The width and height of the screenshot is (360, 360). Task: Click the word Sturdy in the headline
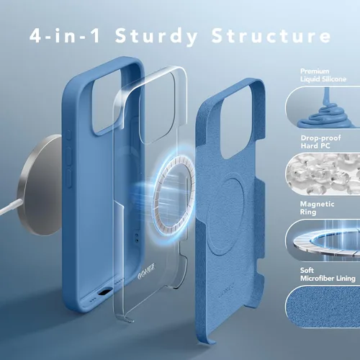tap(156, 37)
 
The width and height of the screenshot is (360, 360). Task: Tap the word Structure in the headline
tap(271, 35)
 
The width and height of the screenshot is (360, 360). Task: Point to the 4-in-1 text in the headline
tap(65, 35)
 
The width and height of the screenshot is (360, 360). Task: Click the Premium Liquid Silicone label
tap(323, 75)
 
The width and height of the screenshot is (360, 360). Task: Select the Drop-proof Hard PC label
tap(320, 142)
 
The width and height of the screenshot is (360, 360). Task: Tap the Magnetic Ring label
tap(317, 208)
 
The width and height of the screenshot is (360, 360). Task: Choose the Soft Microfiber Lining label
tap(328, 274)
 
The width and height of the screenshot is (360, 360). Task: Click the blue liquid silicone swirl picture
tap(323, 107)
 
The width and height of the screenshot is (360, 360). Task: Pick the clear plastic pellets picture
tap(323, 174)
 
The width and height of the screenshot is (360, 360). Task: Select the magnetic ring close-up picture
tap(323, 240)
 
